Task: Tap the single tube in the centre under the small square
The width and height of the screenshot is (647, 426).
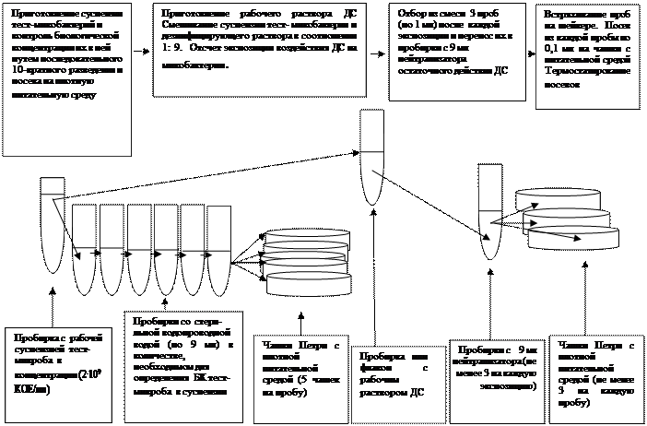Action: tap(372, 157)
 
